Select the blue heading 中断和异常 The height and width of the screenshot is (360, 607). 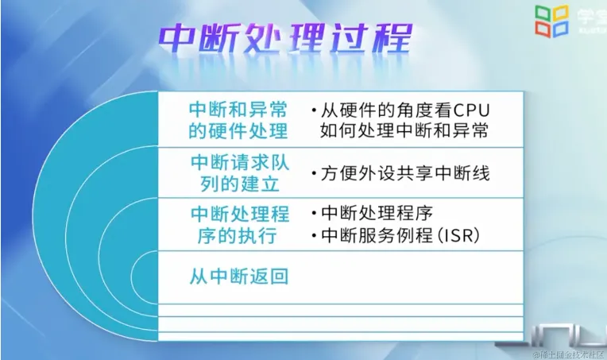click(239, 110)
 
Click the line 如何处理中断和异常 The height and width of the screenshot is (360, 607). click(404, 130)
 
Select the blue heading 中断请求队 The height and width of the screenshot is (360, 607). click(239, 162)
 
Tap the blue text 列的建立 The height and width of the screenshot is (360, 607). click(230, 182)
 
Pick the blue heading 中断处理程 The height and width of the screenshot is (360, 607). click(239, 215)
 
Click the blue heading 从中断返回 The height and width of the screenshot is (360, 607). click(239, 277)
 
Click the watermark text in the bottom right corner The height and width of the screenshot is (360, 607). click(567, 353)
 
